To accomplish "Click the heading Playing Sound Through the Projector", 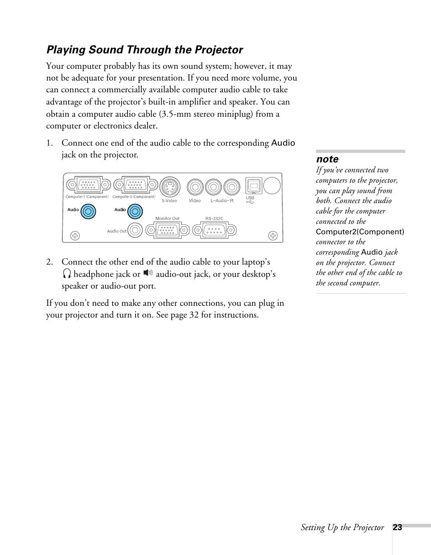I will pos(145,50).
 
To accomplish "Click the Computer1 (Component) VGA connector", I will pos(89,185).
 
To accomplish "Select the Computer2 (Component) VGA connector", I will pos(136,185).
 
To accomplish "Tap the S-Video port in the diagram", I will pos(170,187).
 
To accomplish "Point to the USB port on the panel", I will pos(253,186).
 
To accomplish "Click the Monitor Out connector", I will pos(167,230).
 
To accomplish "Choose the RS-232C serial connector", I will pos(215,230).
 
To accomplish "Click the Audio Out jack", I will pos(135,230).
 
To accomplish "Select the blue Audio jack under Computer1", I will pos(89,211).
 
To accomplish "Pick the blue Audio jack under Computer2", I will pos(135,211).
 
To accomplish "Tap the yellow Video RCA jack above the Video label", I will pos(195,186).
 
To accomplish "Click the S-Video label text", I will pos(169,201).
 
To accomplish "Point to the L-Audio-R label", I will pos(222,201).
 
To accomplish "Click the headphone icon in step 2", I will pos(67,274).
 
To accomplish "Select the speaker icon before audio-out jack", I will pos(148,273).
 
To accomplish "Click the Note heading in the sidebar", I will pos(327,159).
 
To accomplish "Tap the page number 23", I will pos(397,527).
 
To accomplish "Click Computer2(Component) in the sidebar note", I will pos(360,232).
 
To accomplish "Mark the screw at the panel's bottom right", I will pos(273,235).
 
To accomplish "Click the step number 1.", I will pos(49,143).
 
